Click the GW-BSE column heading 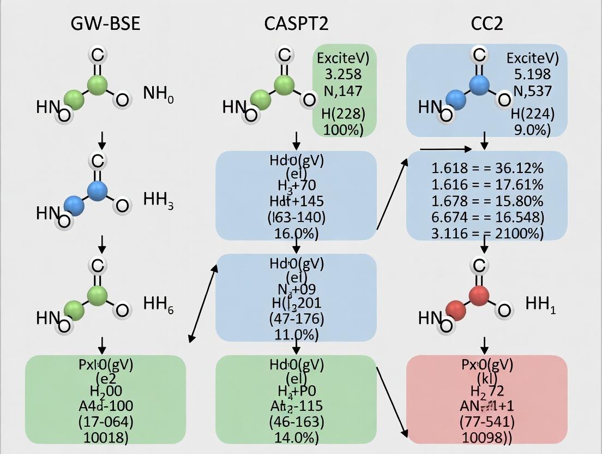pyautogui.click(x=105, y=23)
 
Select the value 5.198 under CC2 pyautogui.click(x=528, y=74)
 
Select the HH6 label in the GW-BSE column pyautogui.click(x=158, y=304)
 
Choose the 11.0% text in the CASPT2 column pyautogui.click(x=296, y=333)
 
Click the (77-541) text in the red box pyautogui.click(x=487, y=421)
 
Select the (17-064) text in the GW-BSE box pyautogui.click(x=105, y=421)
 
